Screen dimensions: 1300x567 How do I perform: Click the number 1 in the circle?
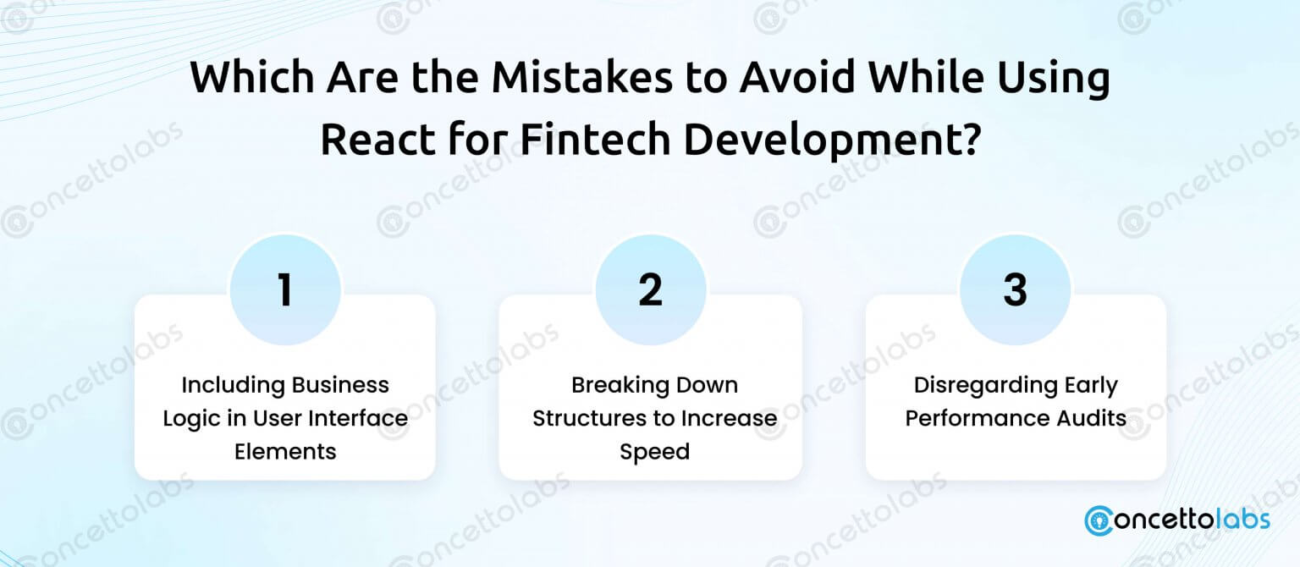[285, 289]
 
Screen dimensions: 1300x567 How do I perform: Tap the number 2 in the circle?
[650, 289]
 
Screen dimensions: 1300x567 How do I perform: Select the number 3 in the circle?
[1015, 289]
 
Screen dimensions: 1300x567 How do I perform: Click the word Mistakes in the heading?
[582, 77]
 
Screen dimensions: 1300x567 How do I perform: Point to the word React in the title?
[377, 140]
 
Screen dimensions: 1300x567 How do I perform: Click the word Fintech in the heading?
[595, 140]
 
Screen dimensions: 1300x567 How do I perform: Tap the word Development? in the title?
[832, 140]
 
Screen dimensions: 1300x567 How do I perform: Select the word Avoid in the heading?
[797, 77]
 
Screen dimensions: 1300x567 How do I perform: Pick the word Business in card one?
[340, 385]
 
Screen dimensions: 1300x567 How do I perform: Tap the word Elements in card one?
[285, 452]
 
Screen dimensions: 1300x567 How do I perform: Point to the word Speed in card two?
[654, 452]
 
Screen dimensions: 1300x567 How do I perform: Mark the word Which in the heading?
[252, 77]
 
